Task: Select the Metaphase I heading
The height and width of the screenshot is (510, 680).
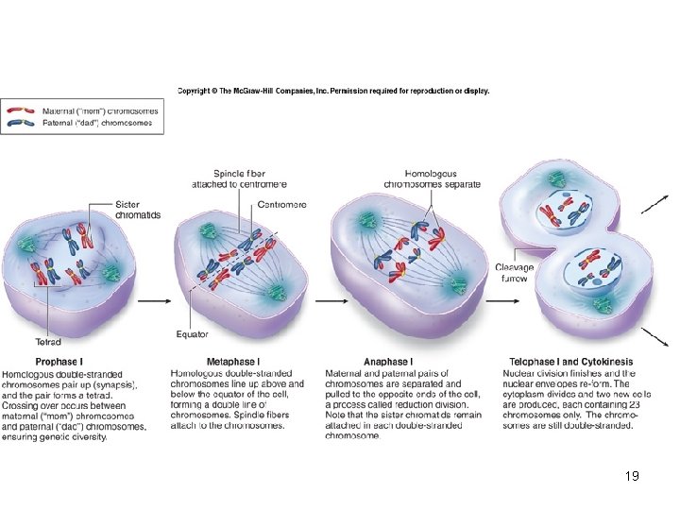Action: tap(232, 362)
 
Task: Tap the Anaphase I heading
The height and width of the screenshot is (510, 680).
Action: tap(387, 362)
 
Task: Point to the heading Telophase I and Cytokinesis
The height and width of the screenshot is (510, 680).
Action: tap(570, 362)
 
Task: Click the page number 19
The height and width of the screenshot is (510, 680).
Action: tap(632, 476)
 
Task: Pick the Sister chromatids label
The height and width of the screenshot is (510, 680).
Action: tap(137, 210)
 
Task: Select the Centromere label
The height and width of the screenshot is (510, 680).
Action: tap(282, 205)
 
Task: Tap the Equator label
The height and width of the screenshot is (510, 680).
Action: tap(192, 333)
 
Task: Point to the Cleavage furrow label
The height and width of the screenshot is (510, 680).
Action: tap(514, 273)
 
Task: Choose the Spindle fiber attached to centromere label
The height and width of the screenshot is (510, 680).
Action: tap(239, 178)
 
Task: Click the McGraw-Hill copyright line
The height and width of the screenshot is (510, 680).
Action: tap(333, 92)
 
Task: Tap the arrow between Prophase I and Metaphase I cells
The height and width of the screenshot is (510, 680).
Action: tap(153, 302)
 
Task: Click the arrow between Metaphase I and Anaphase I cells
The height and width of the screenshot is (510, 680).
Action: tap(327, 302)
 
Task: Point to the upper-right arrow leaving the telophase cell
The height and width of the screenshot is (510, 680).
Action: tap(654, 204)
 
